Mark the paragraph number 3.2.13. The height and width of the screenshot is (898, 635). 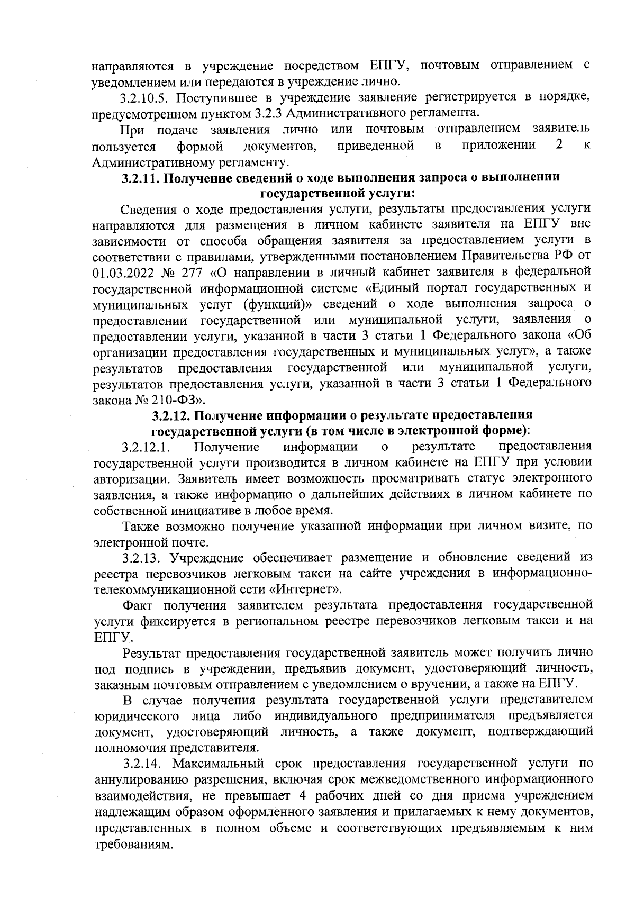[140, 558]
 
